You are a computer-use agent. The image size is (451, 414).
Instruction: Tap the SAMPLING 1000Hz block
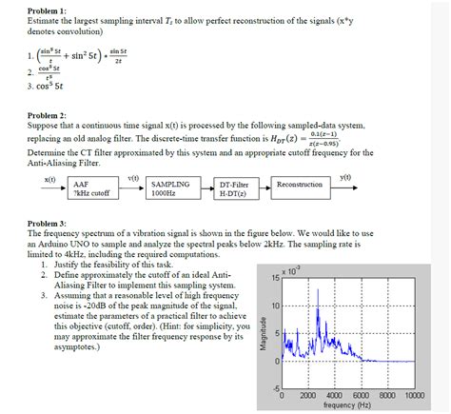(171, 187)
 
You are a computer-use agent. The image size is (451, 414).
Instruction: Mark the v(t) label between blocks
(133, 178)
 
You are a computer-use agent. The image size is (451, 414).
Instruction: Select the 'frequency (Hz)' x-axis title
(353, 404)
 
